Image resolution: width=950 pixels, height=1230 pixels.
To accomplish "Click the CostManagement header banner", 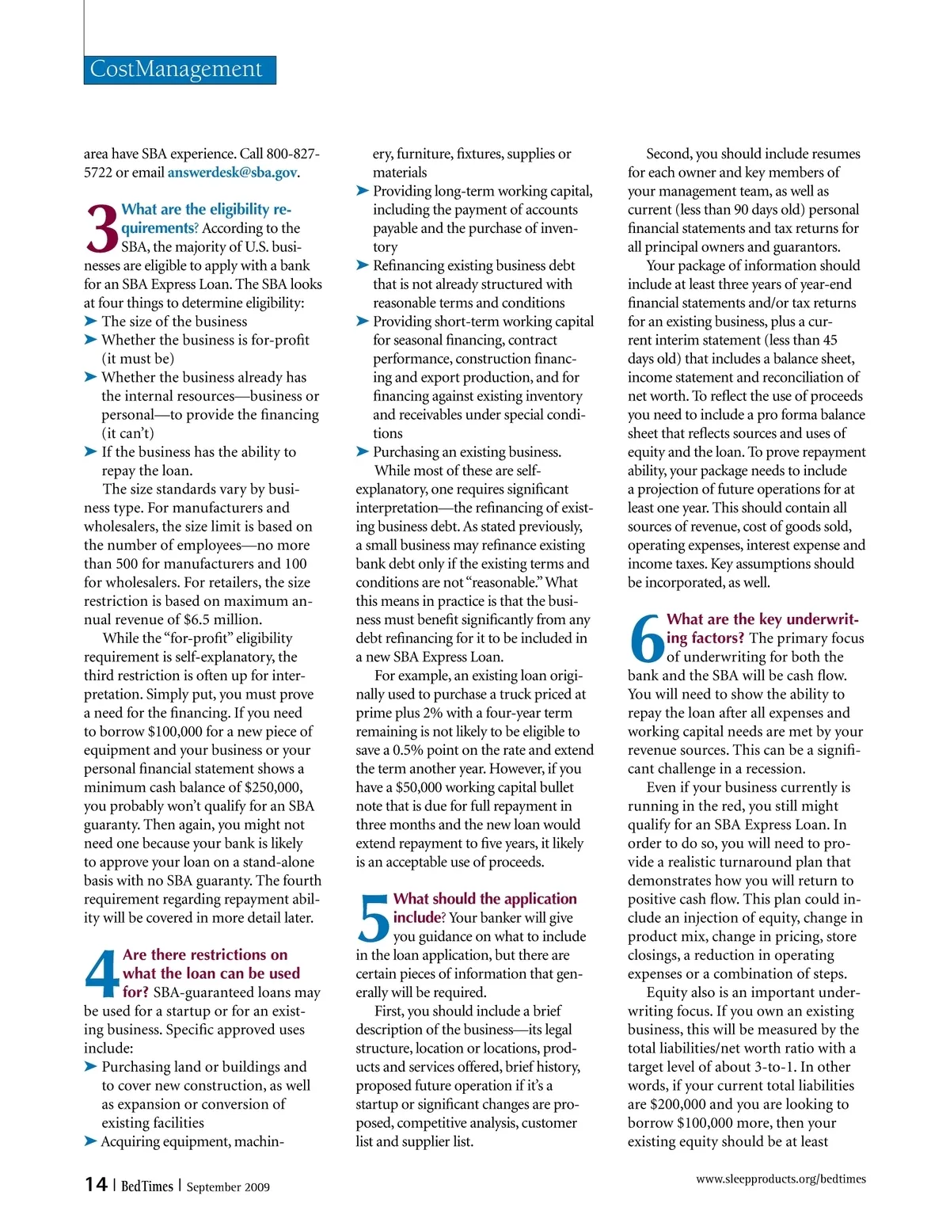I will point(180,70).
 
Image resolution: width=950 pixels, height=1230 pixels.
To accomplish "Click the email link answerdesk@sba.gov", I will point(232,173).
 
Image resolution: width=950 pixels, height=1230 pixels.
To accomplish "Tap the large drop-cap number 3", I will point(101,228).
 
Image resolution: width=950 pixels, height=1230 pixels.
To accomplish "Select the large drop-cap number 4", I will point(102,974).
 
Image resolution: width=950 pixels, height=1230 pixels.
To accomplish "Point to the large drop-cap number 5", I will point(374,918).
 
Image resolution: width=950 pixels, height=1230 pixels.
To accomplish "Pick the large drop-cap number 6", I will point(646,638).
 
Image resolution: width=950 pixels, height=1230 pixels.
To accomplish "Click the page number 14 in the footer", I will point(96,1184).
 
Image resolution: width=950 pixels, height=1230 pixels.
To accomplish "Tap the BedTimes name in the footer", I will point(146,1186).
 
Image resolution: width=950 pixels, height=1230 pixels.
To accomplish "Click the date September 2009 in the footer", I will point(228,1186).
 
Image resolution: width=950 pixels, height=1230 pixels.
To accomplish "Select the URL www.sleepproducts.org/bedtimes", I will point(781,1179).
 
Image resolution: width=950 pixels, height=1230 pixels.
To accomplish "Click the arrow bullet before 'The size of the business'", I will point(90,321).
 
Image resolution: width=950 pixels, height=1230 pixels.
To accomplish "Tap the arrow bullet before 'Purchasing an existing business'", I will point(363,451).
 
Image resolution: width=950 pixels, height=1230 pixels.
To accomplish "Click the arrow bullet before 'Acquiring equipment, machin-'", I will point(90,1141).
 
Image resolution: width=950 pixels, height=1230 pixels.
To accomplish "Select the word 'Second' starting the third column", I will point(669,154).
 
